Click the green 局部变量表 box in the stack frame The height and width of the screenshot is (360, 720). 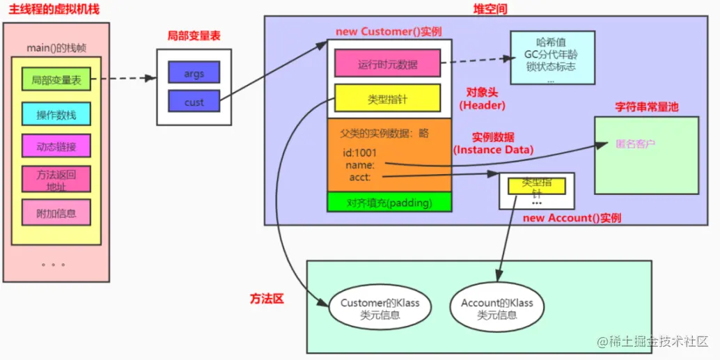56,80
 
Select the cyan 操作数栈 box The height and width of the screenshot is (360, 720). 56,114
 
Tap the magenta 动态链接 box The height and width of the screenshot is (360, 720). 56,146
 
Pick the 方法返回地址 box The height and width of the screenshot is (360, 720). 56,179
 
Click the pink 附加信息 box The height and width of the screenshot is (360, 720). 56,212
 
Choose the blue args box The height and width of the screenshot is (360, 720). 194,72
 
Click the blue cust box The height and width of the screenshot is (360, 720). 194,102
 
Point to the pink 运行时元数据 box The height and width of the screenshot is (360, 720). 387,64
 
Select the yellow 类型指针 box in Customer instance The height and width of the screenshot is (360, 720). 387,99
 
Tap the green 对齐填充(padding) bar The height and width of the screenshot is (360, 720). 389,203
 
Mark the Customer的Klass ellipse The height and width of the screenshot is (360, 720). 379,308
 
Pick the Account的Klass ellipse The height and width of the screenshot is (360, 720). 496,308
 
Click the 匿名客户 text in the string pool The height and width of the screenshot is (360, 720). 635,145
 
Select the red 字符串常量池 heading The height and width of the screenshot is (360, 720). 647,107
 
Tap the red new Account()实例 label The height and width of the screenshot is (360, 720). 571,218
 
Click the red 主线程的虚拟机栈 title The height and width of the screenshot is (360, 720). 54,9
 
